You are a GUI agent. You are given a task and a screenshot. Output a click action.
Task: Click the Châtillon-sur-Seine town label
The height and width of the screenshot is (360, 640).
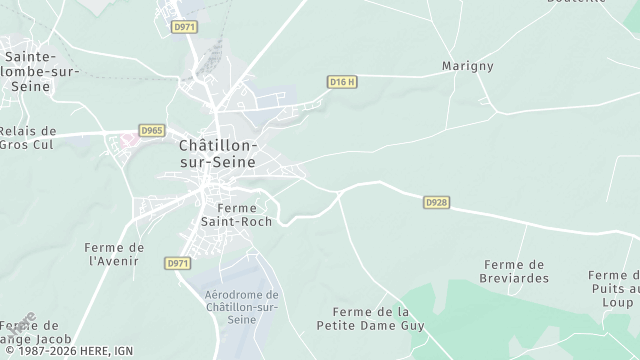(217, 153)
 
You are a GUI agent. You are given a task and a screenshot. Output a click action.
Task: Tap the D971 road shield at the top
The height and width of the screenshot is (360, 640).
(182, 27)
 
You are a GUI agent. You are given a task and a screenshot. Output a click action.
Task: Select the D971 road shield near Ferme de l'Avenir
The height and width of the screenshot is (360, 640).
(178, 263)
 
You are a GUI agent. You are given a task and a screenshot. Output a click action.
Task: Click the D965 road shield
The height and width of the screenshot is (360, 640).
(152, 130)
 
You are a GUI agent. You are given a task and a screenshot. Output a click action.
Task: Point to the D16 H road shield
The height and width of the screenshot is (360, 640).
(342, 81)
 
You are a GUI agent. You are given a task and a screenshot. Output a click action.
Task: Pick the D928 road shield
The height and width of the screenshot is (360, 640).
(436, 202)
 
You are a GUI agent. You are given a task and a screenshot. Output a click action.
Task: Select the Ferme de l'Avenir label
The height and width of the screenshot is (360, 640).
(116, 254)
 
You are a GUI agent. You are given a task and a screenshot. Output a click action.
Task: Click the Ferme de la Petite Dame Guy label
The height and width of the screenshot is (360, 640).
(370, 319)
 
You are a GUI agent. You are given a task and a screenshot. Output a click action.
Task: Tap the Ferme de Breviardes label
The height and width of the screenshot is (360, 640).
(515, 271)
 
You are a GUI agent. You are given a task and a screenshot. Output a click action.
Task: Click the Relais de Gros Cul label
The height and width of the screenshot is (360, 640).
(28, 137)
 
